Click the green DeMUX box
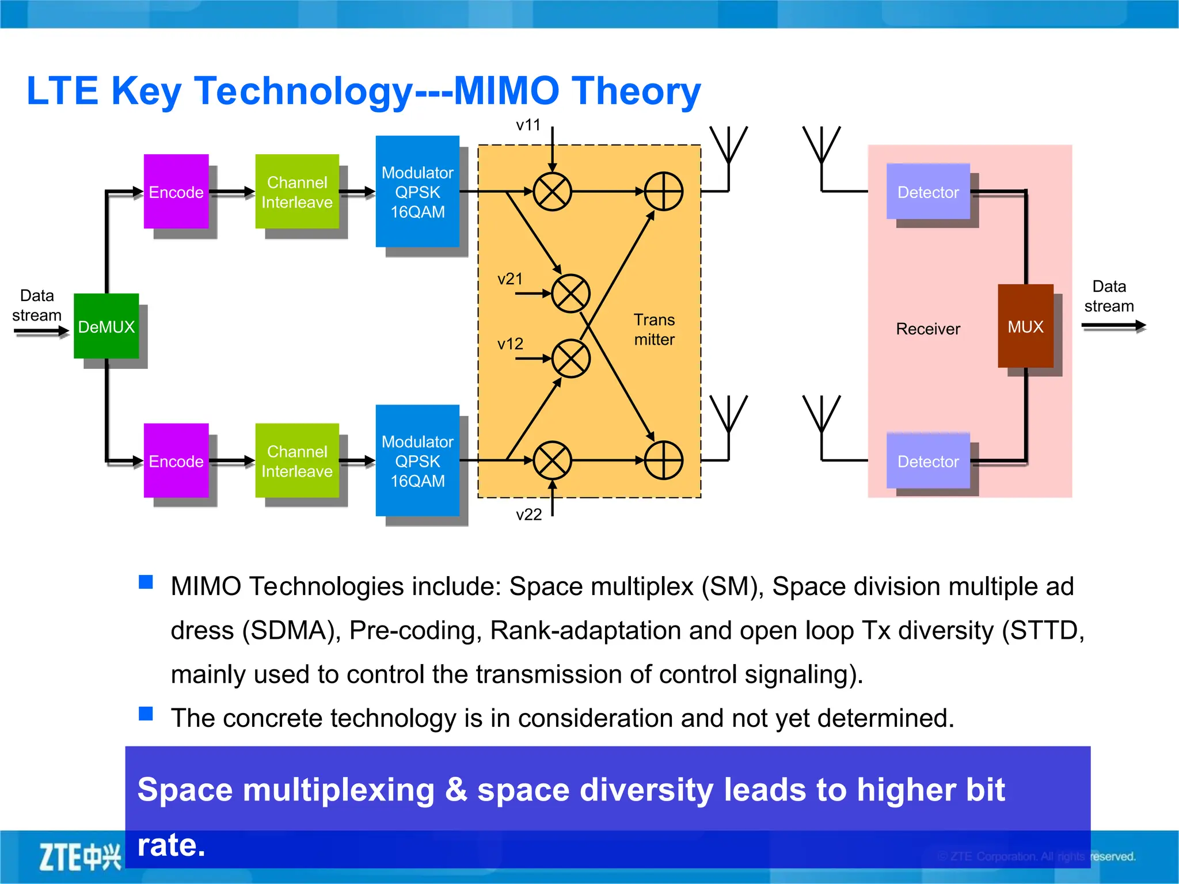tap(106, 326)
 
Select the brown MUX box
tap(1025, 326)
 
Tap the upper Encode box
tap(176, 192)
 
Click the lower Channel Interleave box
tap(296, 461)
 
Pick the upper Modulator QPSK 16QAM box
tap(417, 192)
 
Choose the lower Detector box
tap(928, 461)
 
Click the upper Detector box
tap(928, 192)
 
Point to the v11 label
tap(528, 125)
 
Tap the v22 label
tap(528, 515)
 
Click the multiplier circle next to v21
tap(571, 294)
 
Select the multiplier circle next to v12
tap(571, 359)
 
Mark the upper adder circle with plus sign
tap(663, 192)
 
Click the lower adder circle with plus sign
tap(663, 460)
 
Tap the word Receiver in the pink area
tap(928, 329)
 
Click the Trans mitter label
tap(654, 329)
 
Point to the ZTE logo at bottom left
tap(79, 857)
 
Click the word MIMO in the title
tap(507, 90)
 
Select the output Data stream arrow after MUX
tap(1113, 326)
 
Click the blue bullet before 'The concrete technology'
tap(146, 714)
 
